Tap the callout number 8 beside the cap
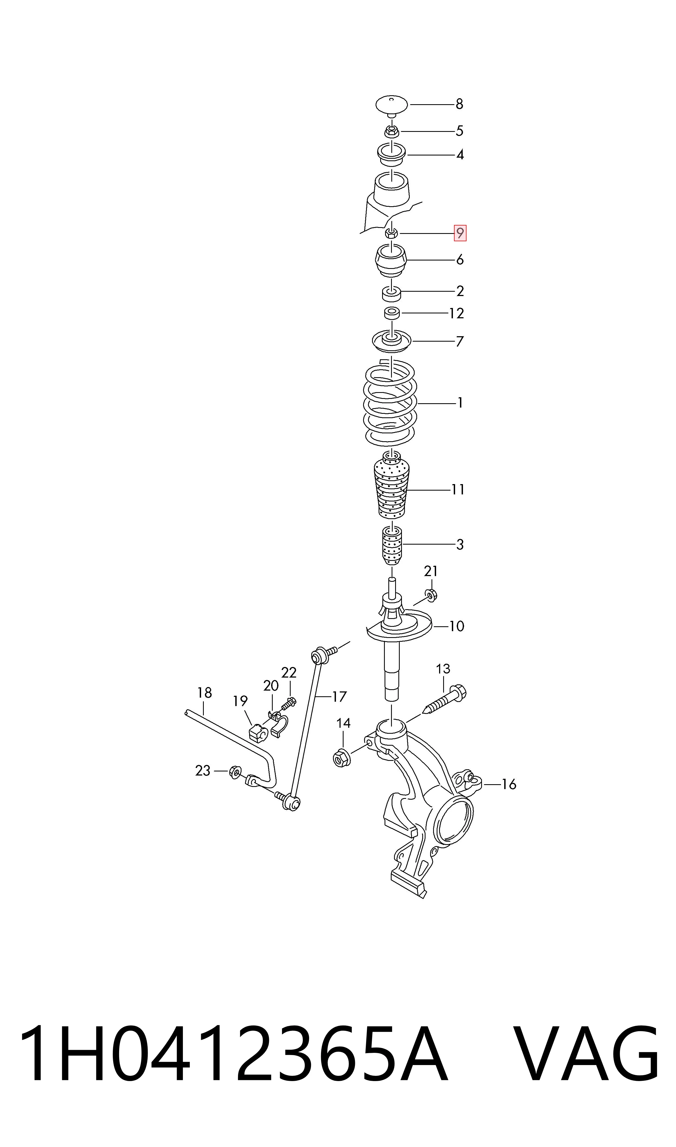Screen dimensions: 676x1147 coord(459,104)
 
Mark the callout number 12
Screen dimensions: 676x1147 coord(456,313)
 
